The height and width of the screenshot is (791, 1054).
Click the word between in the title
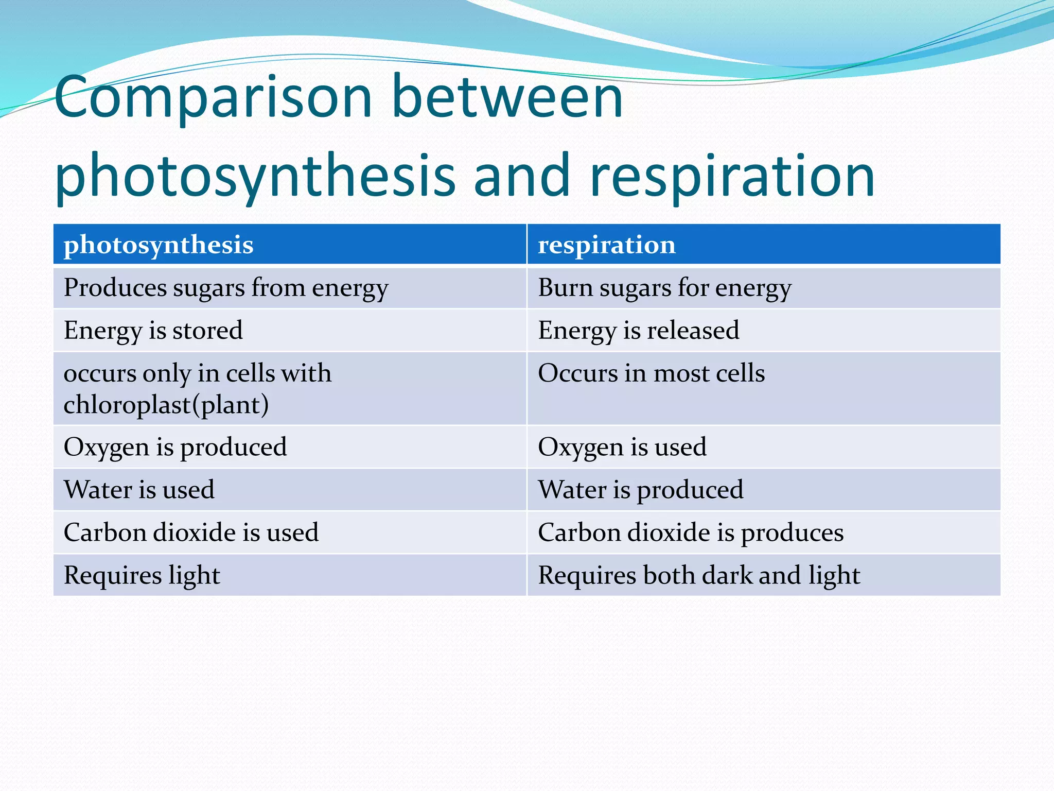pyautogui.click(x=507, y=98)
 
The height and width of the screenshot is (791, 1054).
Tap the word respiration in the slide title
pyautogui.click(x=732, y=176)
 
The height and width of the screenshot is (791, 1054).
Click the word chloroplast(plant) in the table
pyautogui.click(x=166, y=405)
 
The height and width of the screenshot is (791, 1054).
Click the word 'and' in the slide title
pyautogui.click(x=521, y=176)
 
